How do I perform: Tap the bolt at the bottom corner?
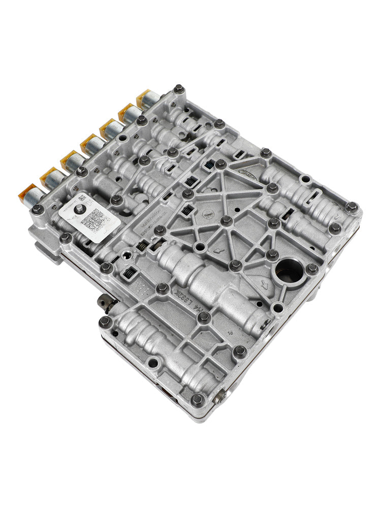click(198, 399)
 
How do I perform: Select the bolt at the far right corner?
click(351, 207)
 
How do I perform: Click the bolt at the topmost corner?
click(178, 89)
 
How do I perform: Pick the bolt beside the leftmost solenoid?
click(37, 209)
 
